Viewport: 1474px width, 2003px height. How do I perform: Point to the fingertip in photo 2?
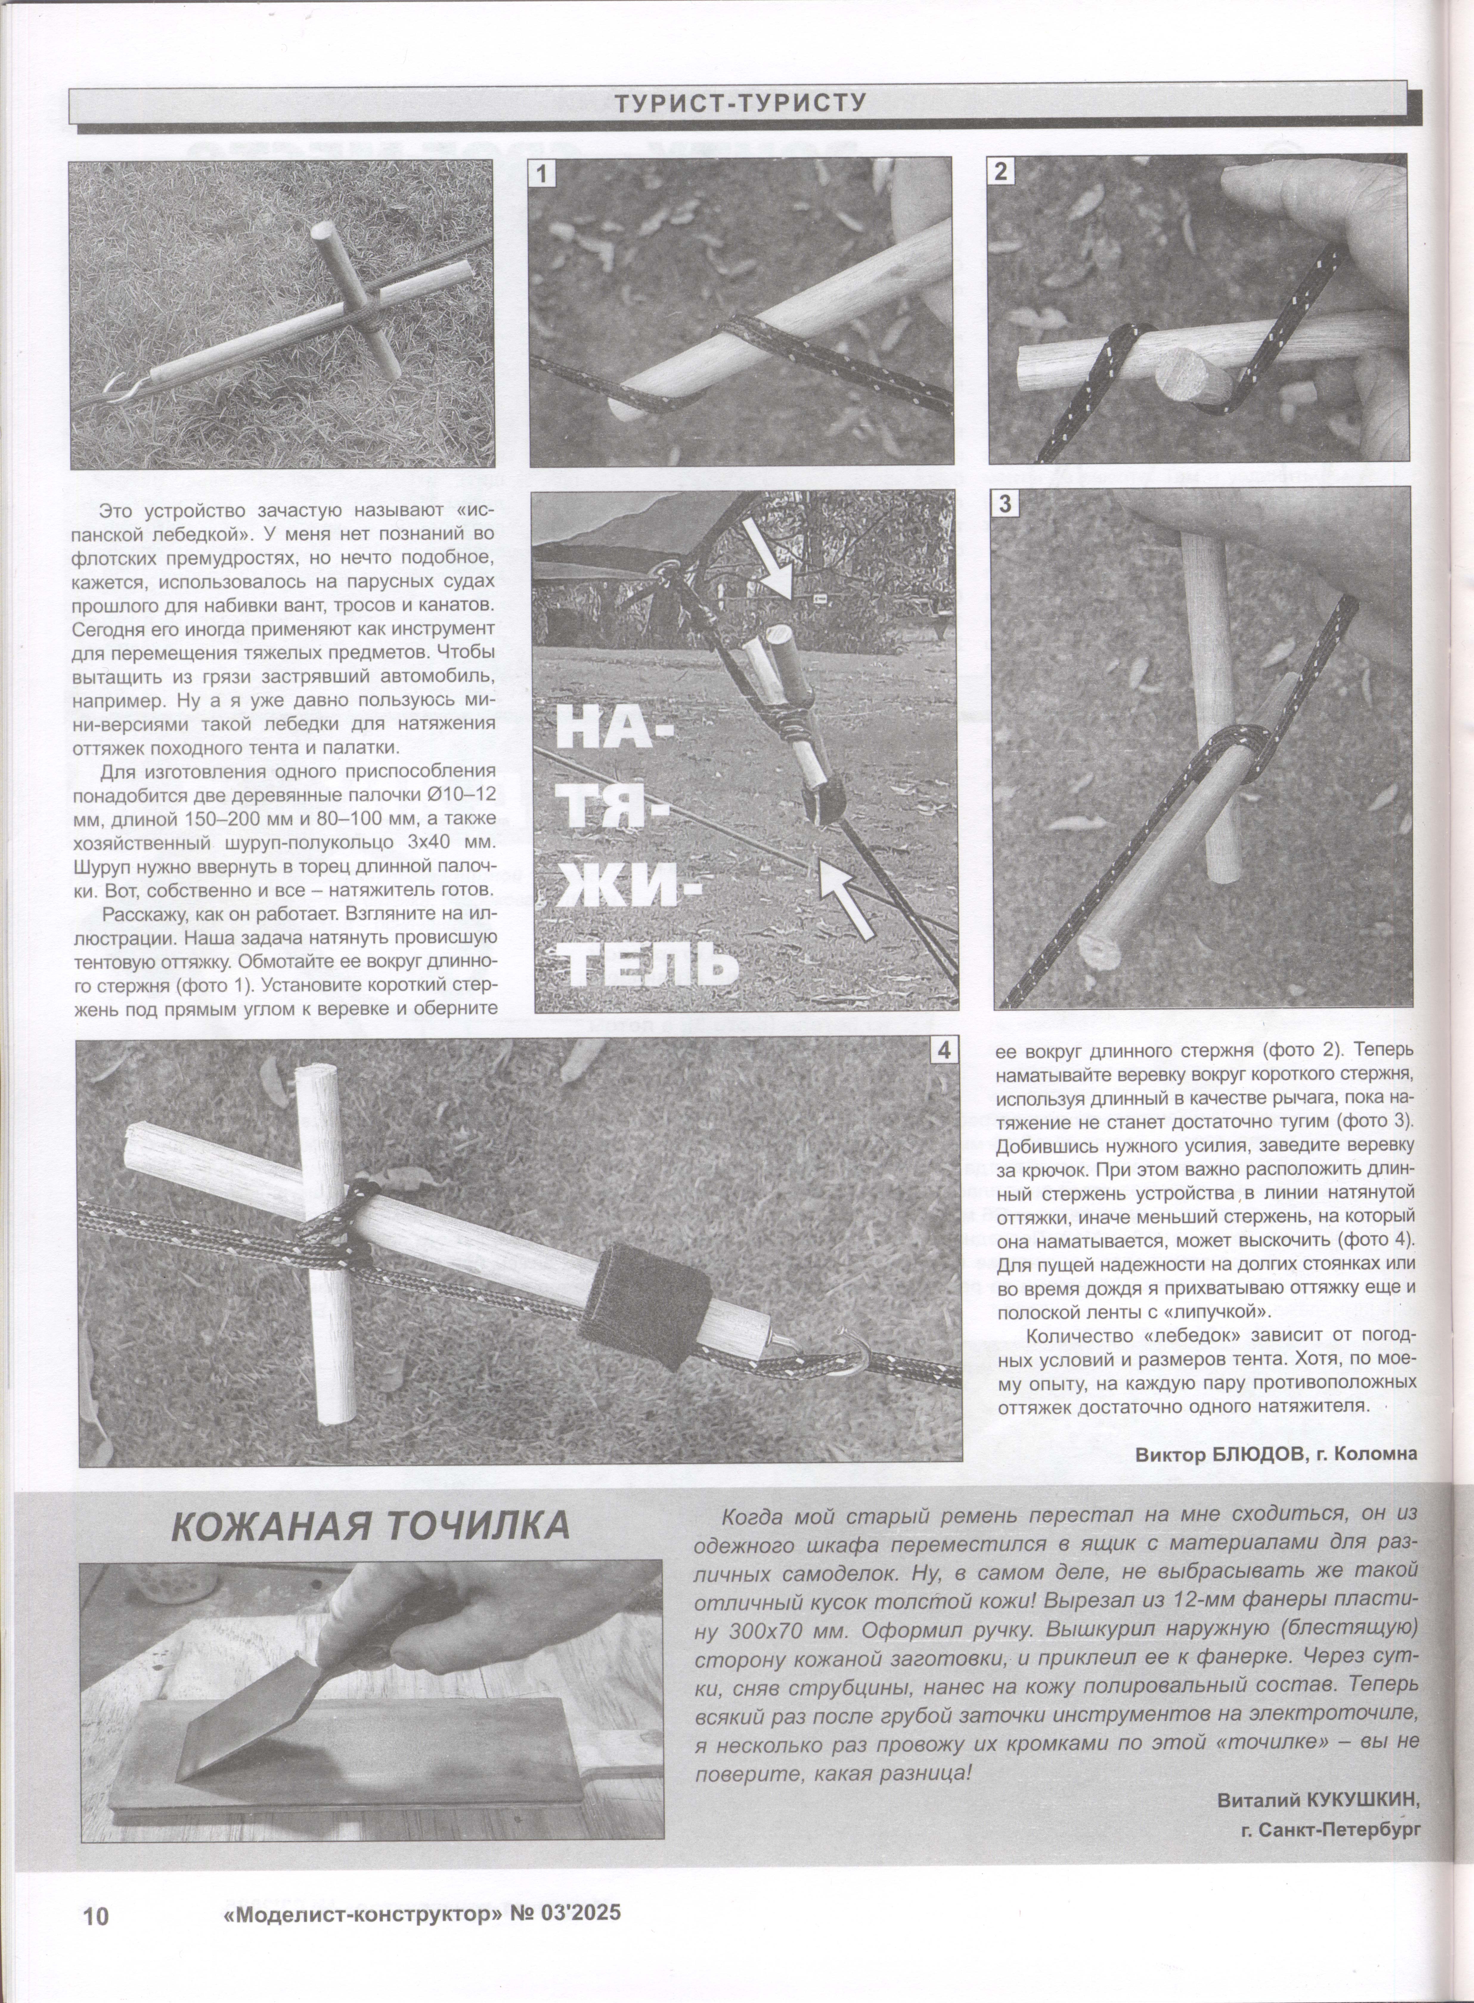tap(1249, 187)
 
